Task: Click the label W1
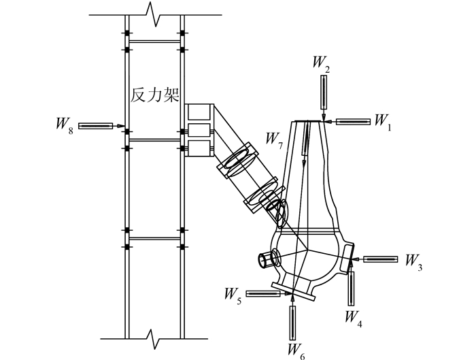coord(383,122)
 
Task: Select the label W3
coord(413,262)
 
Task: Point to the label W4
coord(354,318)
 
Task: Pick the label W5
coord(233,296)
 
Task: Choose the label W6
coord(296,351)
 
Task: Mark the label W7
coord(275,141)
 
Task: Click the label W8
coord(65,125)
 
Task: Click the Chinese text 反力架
coord(155,95)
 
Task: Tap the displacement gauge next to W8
coord(96,126)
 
